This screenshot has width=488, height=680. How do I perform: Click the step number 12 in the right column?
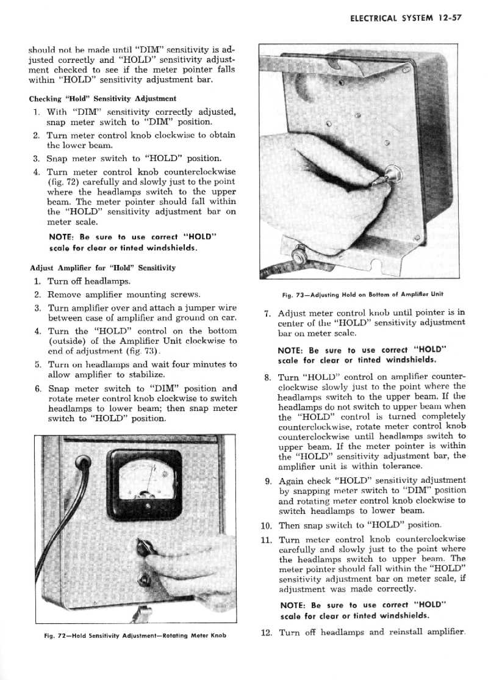(x=265, y=632)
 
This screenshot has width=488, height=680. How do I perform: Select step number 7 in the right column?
(x=267, y=314)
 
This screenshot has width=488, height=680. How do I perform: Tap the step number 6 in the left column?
(x=38, y=388)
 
